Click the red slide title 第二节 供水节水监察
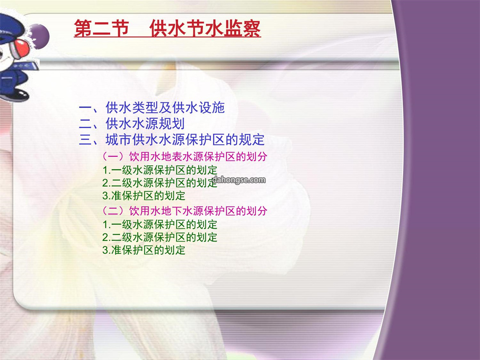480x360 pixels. (168, 28)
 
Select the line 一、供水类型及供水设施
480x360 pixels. (152, 108)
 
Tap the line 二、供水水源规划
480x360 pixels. (132, 124)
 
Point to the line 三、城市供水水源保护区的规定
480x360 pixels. (172, 140)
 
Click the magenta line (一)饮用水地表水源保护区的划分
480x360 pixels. (184, 156)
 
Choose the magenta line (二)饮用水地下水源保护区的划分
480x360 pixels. (184, 211)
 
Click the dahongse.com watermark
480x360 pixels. (239, 180)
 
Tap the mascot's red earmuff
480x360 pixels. (21, 48)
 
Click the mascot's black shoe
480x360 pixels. (17, 96)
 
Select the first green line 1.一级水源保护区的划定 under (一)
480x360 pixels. (160, 170)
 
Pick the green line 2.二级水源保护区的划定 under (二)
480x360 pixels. (160, 237)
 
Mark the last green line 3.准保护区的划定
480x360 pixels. (144, 250)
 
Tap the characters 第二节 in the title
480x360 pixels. (101, 28)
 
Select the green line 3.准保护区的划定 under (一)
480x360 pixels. (144, 196)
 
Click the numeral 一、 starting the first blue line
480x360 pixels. (89, 108)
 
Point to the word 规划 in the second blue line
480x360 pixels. (172, 124)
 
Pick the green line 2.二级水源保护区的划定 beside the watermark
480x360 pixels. (160, 183)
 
